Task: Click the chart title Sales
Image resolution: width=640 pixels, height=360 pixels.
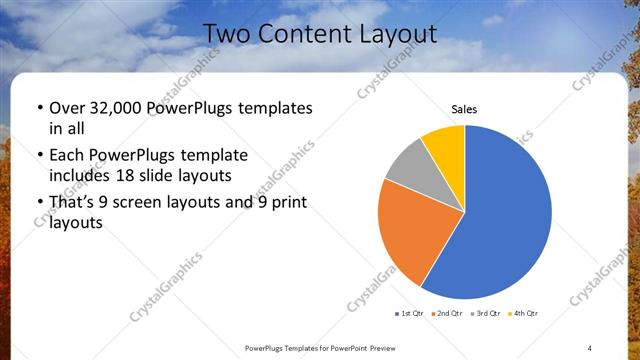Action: pos(464,108)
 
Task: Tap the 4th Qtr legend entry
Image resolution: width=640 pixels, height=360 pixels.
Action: pos(524,313)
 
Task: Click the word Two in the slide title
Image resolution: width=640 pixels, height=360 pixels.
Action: pos(225,34)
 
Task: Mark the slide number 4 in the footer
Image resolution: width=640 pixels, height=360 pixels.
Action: pos(590,347)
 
